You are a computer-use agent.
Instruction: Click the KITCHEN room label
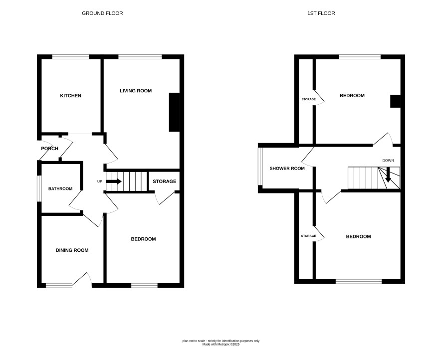[x=70, y=96]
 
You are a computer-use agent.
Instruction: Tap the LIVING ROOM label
[x=136, y=91]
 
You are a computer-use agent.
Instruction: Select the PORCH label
[x=49, y=149]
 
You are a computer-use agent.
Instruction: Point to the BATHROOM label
[x=60, y=189]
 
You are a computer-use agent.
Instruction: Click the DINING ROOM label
[x=72, y=250]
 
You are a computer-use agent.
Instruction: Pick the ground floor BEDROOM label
[x=143, y=239]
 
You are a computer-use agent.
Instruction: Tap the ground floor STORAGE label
[x=164, y=181]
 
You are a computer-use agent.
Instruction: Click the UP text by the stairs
[x=99, y=181]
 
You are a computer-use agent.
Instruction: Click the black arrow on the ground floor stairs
[x=114, y=181]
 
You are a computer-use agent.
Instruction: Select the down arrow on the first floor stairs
[x=388, y=175]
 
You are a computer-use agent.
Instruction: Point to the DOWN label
[x=388, y=160]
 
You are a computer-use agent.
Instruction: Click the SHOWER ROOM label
[x=287, y=169]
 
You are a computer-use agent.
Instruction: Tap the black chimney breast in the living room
[x=174, y=112]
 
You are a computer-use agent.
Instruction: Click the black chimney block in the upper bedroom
[x=395, y=101]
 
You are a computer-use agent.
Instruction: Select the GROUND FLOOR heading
[x=102, y=13]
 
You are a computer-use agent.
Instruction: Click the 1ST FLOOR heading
[x=321, y=13]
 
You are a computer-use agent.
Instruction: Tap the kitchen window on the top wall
[x=70, y=57]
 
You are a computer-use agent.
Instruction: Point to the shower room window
[x=260, y=166]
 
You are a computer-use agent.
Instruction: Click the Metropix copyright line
[x=221, y=344]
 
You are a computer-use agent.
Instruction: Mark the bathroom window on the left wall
[x=39, y=189]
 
